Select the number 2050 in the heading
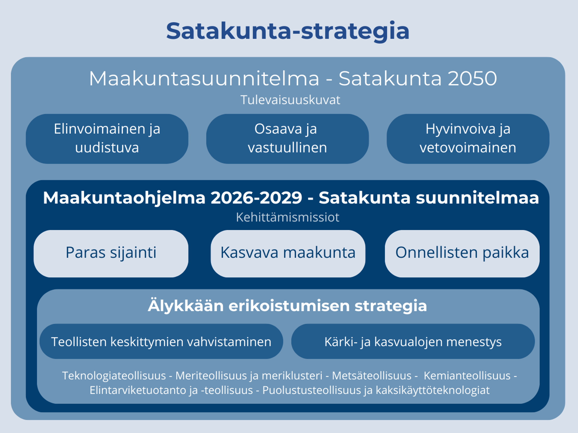[x=472, y=78]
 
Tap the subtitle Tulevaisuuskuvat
[x=290, y=100]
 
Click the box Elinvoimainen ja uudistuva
[x=107, y=139]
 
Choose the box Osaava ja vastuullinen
[x=287, y=139]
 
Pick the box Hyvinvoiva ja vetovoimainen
[x=468, y=139]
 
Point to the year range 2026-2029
[x=256, y=198]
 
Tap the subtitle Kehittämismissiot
[x=288, y=217]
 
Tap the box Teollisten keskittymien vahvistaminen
[x=161, y=341]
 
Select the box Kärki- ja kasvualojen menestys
[x=413, y=341]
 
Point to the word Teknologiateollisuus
[x=114, y=376]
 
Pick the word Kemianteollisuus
[x=467, y=376]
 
